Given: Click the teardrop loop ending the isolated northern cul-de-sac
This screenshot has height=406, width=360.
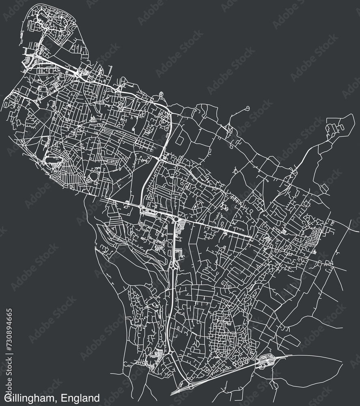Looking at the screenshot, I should [x=247, y=108].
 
